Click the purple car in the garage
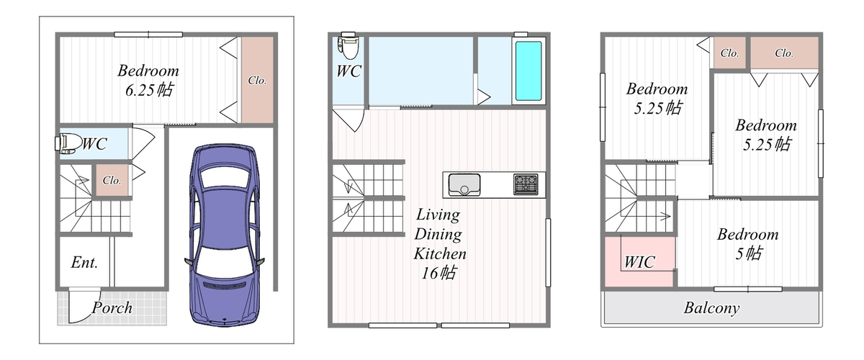click(x=225, y=235)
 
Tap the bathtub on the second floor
click(x=528, y=71)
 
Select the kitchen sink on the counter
click(x=464, y=185)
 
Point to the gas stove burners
click(x=526, y=184)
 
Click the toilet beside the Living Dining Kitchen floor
click(x=348, y=45)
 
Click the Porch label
click(x=112, y=308)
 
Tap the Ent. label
click(x=84, y=263)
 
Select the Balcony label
click(x=711, y=308)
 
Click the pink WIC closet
click(x=640, y=261)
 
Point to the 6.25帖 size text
click(x=149, y=90)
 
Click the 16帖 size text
click(x=439, y=273)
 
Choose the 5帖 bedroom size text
click(x=749, y=254)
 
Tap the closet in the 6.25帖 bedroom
click(x=257, y=80)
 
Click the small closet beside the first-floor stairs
click(x=112, y=180)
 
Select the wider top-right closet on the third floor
click(x=784, y=53)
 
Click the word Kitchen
click(x=440, y=254)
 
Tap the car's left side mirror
click(x=189, y=261)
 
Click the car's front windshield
click(x=225, y=261)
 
